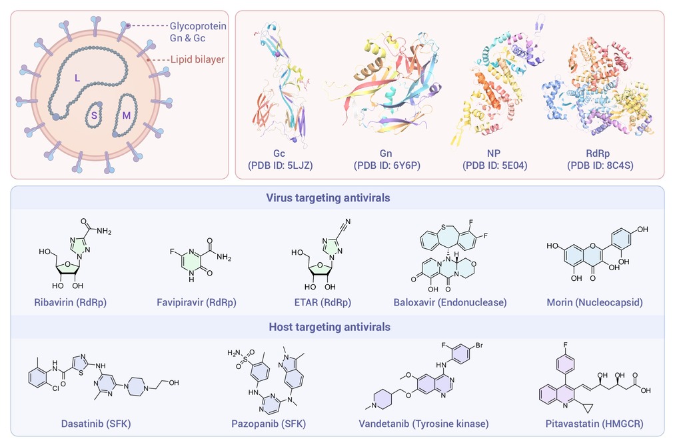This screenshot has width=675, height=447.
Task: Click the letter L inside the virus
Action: point(77,78)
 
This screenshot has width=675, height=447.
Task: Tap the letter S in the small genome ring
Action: point(94,115)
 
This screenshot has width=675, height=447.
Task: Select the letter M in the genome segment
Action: point(126,115)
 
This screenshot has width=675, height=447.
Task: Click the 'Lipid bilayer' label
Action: point(198,59)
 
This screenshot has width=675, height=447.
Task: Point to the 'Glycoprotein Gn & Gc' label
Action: point(198,32)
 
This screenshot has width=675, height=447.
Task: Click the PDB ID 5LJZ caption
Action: point(281,165)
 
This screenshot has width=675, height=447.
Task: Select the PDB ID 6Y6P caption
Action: point(387,165)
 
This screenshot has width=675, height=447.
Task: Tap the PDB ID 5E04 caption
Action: point(494,165)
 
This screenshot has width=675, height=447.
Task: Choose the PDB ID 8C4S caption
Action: point(600,165)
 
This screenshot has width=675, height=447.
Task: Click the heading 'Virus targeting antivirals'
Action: point(328,198)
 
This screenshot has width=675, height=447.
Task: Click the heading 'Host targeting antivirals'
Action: point(330,327)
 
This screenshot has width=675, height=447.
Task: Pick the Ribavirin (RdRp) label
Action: point(70,303)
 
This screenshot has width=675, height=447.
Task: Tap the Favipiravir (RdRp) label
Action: point(197,303)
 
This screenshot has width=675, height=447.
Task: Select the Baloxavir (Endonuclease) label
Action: point(450,303)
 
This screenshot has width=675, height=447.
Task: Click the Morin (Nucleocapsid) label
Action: point(594,303)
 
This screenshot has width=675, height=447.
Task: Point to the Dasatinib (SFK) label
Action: point(95,424)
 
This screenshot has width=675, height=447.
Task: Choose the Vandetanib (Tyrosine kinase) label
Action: point(424,424)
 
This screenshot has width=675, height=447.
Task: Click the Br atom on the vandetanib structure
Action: point(479,346)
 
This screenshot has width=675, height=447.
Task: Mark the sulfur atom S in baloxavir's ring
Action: point(443,227)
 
